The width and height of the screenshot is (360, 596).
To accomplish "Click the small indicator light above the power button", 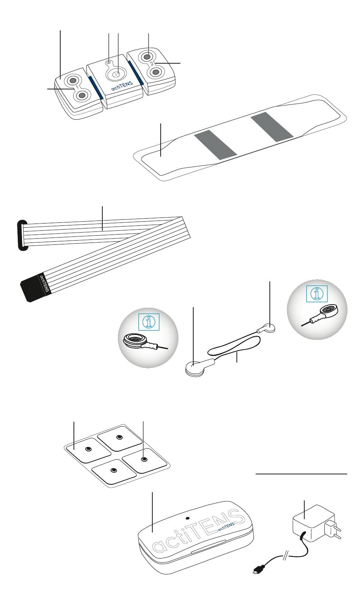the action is click(108, 62).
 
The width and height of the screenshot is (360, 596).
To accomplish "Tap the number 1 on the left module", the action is click(77, 87).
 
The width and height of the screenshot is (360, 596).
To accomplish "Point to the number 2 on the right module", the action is click(152, 64).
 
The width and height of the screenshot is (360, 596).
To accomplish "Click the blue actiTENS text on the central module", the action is click(122, 86).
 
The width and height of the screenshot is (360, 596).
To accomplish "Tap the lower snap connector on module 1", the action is click(82, 95).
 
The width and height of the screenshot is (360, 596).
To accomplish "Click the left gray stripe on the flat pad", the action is click(215, 145).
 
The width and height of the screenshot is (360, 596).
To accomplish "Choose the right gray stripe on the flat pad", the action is click(272, 127).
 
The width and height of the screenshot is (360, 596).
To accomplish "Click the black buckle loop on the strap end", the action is click(22, 235).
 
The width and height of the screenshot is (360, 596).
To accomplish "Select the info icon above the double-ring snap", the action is click(149, 322).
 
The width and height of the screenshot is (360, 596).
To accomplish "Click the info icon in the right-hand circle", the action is click(317, 294).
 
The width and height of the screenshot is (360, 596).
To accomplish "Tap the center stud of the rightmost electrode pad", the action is click(144, 459).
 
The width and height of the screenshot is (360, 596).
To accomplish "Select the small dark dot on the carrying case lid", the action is click(188, 519).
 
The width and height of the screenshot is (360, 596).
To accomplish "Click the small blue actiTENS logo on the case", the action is click(226, 526).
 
